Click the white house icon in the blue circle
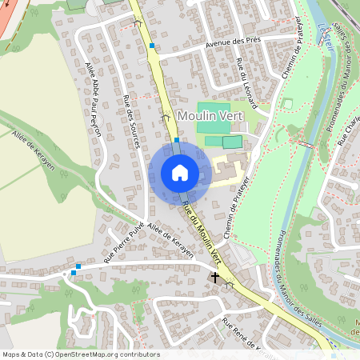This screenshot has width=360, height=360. tap(180, 173)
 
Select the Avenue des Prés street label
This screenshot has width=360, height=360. tap(209, 45)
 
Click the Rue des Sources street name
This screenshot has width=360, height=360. tap(132, 121)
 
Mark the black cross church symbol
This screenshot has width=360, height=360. tap(214, 277)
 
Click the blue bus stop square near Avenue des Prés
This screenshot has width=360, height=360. tap(151, 46)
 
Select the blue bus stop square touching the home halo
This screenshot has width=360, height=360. tap(177, 140)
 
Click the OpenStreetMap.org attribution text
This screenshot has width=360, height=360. tap(106, 354)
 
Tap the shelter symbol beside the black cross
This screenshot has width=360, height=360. tap(230, 283)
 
